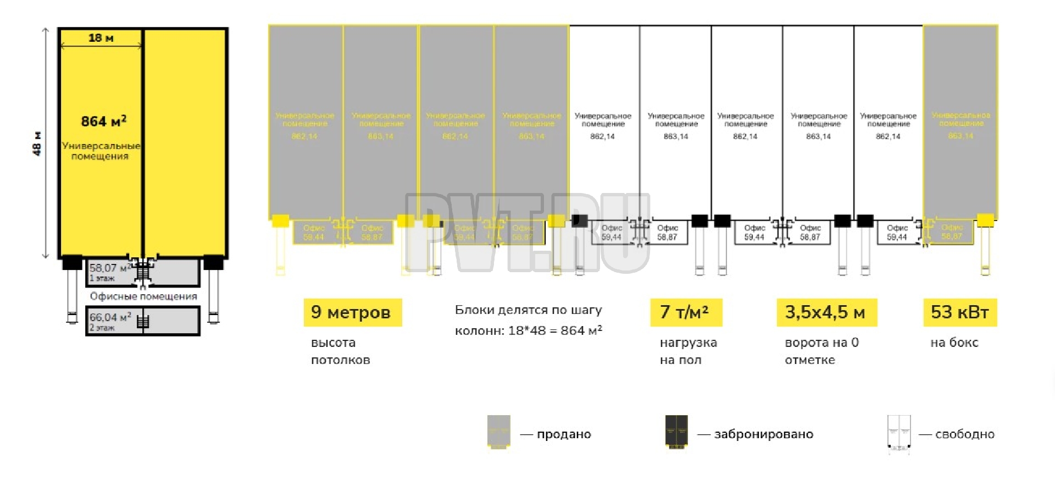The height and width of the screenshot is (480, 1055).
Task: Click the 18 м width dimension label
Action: (101, 38)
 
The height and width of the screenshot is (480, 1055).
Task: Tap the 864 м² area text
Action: (103, 121)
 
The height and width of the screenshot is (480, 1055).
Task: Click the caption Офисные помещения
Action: (143, 296)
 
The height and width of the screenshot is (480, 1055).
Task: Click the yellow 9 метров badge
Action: (352, 312)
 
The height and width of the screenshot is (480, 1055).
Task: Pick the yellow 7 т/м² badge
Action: (686, 312)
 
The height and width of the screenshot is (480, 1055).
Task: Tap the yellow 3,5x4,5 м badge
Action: (826, 312)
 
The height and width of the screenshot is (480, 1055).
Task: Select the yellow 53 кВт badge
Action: (960, 312)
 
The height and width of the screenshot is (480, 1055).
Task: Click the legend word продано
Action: (564, 434)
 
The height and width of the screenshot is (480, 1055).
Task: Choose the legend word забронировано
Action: (763, 434)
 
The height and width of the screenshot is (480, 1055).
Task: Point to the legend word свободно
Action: (965, 434)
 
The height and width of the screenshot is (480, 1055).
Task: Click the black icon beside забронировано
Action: (676, 432)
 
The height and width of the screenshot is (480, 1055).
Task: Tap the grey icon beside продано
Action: (499, 432)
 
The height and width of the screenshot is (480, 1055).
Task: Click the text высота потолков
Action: (340, 351)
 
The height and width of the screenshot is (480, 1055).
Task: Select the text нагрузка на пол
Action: (688, 351)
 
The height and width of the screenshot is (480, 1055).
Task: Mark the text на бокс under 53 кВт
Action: (954, 343)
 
